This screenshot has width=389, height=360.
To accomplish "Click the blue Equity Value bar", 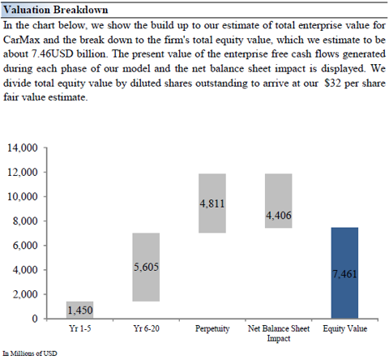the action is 344,273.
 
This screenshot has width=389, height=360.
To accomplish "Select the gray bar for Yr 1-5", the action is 80,310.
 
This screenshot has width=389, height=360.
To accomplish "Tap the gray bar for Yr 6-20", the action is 146,267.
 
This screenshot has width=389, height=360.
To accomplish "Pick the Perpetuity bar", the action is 212,204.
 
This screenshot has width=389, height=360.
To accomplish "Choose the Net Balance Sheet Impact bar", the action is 279,201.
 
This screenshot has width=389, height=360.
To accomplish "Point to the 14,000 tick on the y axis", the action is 22,148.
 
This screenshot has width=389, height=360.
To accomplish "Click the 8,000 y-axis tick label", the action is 25,221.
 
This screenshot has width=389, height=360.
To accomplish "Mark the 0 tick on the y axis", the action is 35,319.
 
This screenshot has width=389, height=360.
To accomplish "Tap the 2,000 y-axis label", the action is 25,294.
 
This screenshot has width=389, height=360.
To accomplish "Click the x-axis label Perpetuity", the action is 212,329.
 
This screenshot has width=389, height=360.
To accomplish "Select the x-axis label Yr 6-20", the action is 146,328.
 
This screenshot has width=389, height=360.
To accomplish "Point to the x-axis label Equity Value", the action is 345,329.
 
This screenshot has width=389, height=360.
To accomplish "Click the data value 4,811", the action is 212,204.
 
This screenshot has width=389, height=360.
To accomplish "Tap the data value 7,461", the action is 344,274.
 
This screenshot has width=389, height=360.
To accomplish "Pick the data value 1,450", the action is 80,311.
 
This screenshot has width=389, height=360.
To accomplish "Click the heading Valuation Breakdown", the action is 56,10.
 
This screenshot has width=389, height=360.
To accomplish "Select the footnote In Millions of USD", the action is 30,354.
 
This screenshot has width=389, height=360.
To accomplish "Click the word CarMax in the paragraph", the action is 22,40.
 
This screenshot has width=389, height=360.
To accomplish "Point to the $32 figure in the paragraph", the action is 333,83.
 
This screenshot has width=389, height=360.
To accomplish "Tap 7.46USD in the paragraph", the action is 53,54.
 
